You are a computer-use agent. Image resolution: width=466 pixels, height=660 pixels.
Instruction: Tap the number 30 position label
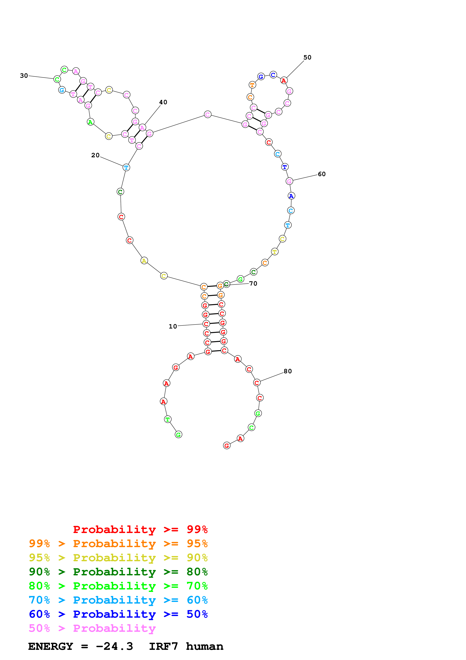click(24, 76)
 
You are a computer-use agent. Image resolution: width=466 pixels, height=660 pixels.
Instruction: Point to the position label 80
click(287, 371)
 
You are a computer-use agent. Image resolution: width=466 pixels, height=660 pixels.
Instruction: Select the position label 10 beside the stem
click(173, 326)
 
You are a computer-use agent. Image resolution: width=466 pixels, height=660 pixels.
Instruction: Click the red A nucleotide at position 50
click(284, 81)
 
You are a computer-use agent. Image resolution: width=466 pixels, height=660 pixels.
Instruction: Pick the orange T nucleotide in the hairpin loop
click(252, 85)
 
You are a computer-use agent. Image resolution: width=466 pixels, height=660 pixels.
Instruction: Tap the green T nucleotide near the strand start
click(168, 419)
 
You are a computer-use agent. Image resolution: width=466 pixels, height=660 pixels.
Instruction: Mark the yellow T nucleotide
click(274, 252)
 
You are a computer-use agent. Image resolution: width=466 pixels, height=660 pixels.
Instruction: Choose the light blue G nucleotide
click(62, 90)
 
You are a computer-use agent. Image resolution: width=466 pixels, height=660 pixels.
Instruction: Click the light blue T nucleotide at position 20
click(126, 167)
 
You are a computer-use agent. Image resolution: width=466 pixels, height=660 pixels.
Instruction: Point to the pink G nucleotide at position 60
click(289, 181)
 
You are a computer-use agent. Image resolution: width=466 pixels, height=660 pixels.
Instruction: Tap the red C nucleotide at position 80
click(257, 383)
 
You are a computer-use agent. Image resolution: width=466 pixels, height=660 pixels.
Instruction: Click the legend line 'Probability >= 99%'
click(140, 529)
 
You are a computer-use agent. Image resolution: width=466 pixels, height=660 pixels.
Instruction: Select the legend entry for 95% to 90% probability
click(118, 558)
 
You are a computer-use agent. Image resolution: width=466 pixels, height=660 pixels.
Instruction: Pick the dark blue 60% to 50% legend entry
click(118, 614)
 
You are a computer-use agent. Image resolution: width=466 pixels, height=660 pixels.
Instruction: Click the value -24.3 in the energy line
click(114, 646)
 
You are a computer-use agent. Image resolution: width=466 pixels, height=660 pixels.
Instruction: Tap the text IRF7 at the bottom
click(163, 646)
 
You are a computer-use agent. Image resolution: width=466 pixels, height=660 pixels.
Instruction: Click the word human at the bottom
click(205, 646)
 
